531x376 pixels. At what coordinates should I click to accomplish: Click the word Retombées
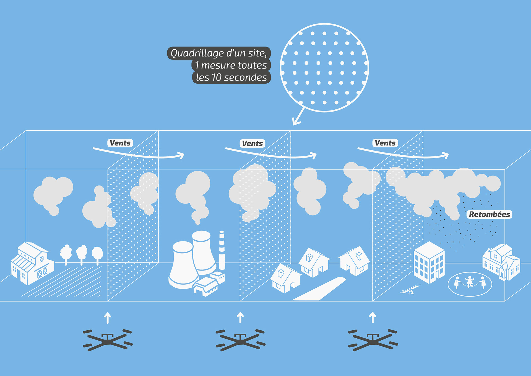coord(489,214)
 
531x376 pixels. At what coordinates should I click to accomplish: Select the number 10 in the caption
coord(217,77)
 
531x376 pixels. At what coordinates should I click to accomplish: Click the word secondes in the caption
coord(245,77)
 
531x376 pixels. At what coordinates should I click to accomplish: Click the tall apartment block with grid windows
coord(429,262)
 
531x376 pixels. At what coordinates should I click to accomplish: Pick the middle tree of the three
coord(82,253)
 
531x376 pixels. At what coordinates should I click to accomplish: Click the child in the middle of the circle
coord(469,282)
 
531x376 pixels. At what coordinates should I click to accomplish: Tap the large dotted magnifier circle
coord(324,68)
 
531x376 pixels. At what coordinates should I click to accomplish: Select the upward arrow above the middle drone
coord(240,317)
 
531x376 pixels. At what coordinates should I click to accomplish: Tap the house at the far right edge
coord(501,261)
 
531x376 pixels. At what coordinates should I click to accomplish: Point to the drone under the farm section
coord(108,340)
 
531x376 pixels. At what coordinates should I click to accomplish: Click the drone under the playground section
coord(373,340)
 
